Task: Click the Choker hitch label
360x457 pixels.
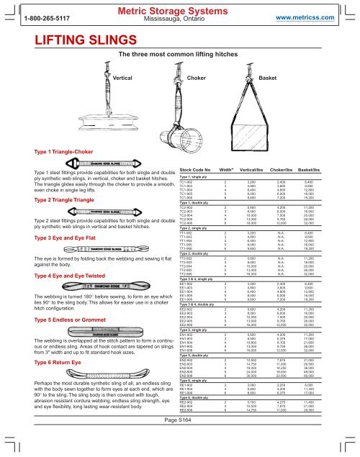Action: pyautogui.click(x=197, y=76)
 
